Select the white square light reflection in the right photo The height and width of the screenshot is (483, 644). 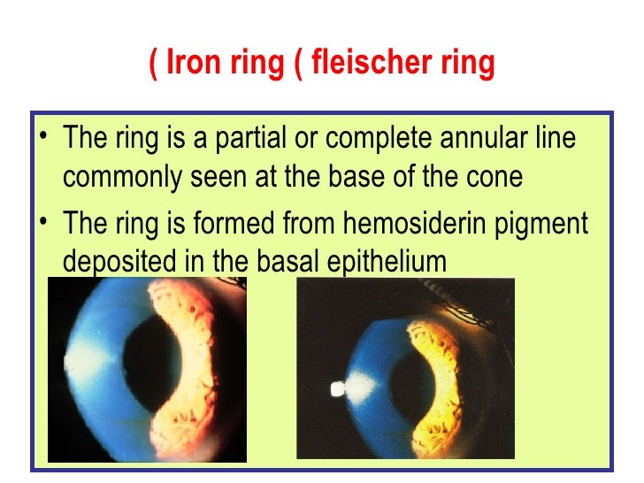click(x=336, y=387)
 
